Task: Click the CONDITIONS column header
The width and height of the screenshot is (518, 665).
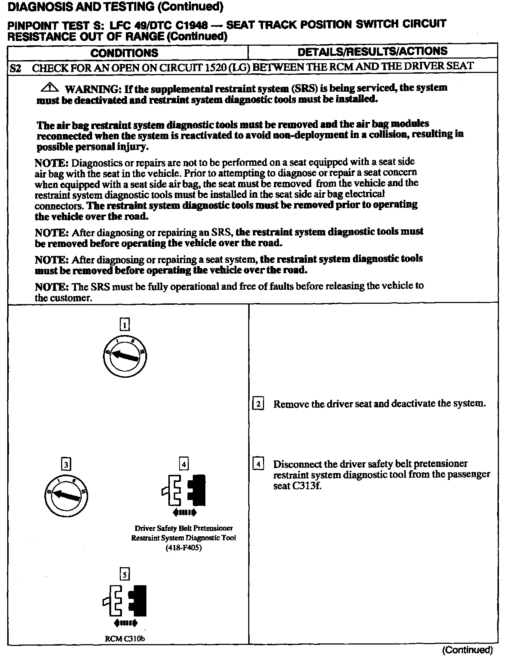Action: (124, 53)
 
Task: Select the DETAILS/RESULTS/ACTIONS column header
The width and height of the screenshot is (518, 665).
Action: (372, 51)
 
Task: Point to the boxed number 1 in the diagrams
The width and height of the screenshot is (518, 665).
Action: (124, 325)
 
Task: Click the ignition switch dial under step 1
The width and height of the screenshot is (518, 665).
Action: (124, 356)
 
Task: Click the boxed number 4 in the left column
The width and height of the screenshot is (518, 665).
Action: (184, 464)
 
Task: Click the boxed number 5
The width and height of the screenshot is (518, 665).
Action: (124, 574)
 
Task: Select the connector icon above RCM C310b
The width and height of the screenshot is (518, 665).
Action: (125, 601)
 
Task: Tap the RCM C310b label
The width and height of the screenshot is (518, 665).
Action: (125, 639)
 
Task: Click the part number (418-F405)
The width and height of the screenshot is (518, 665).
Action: (183, 548)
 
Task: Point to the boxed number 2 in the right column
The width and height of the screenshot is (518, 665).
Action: (258, 404)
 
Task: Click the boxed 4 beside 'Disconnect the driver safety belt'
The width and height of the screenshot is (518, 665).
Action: (258, 464)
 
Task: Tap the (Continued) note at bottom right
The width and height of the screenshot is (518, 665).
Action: (467, 650)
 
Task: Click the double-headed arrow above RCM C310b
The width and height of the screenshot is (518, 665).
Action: (125, 623)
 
